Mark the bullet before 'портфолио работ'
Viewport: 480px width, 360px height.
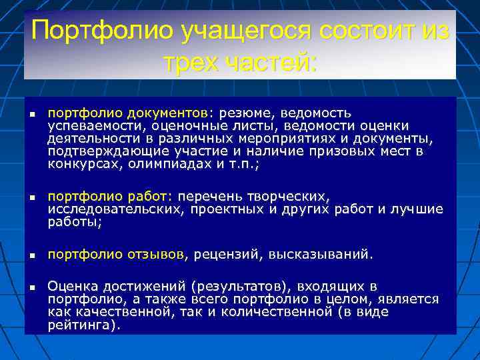(x=31, y=199)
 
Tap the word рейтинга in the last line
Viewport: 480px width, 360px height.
(x=82, y=325)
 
